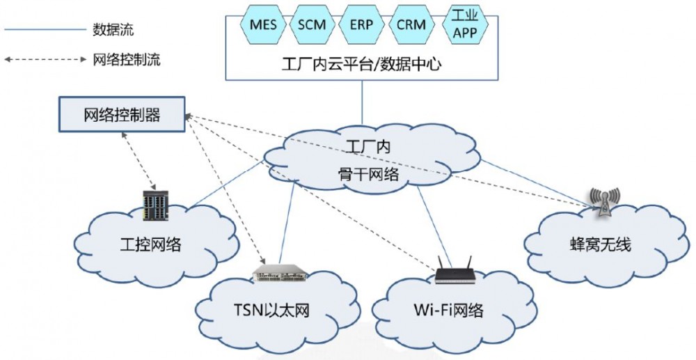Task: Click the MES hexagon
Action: coord(262,25)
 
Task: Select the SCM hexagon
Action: coord(311,25)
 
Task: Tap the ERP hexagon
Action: coord(361,25)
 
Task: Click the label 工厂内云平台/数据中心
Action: coord(362,64)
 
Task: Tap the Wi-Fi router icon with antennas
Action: coord(454,270)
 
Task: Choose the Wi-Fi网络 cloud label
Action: coord(449,309)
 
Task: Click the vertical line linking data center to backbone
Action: coord(362,103)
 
